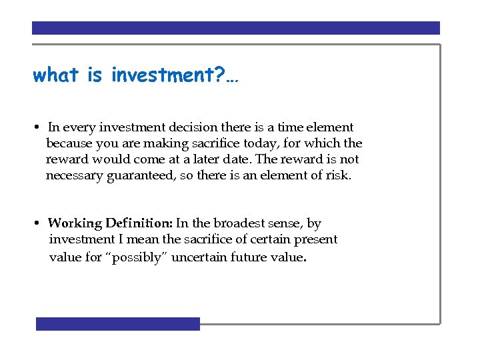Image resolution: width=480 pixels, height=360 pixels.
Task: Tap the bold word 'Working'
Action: pyautogui.click(x=75, y=223)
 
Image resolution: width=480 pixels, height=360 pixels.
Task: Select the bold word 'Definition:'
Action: pyautogui.click(x=139, y=223)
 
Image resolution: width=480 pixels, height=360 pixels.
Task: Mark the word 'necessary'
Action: pyautogui.click(x=74, y=176)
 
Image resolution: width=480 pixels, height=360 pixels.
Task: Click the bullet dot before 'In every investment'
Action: pyautogui.click(x=39, y=127)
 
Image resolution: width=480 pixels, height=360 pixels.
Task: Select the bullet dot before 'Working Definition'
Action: pyautogui.click(x=39, y=223)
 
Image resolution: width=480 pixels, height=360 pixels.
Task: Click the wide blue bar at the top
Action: pyautogui.click(x=236, y=28)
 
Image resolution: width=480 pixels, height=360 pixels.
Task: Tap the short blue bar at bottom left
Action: pyautogui.click(x=118, y=324)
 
